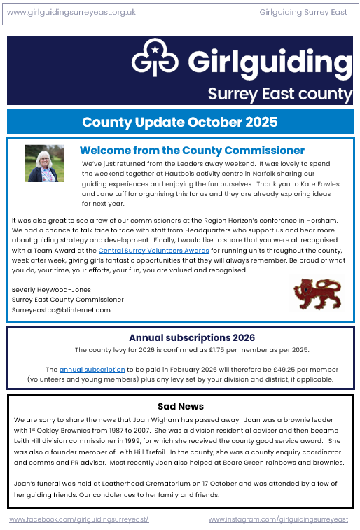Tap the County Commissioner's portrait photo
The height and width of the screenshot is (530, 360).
43,163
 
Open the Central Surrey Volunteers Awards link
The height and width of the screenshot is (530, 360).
153,250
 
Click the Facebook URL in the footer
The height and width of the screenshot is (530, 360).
79,519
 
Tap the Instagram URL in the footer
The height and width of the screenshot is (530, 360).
278,519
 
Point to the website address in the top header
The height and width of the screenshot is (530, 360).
71,12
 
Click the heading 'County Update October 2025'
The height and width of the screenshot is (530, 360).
179,122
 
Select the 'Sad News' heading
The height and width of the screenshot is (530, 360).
181,406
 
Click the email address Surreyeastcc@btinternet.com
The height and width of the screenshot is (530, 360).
61,309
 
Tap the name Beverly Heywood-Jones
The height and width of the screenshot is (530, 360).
51,289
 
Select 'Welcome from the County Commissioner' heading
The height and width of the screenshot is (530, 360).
192,150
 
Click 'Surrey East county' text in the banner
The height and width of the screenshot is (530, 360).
279,94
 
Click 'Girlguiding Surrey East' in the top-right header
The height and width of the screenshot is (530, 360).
303,12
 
